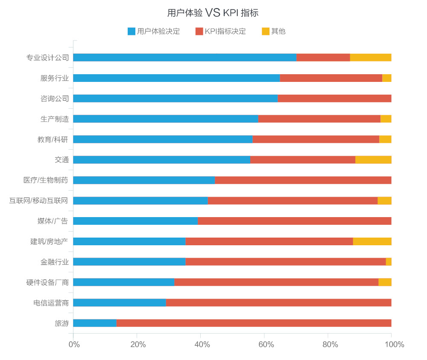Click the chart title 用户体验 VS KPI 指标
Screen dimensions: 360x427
[213, 13]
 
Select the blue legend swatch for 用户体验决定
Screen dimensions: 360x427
[132, 31]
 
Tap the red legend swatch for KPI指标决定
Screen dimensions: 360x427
[199, 31]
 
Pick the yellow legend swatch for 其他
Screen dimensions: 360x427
[266, 31]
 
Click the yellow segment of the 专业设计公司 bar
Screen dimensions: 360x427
[371, 58]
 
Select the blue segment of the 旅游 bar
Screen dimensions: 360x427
[95, 323]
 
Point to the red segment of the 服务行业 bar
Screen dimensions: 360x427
[331, 78]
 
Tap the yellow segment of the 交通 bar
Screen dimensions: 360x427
[373, 160]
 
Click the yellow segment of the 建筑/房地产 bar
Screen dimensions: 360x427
[372, 241]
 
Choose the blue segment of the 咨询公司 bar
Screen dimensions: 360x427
[175, 99]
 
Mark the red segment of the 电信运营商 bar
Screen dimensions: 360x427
[278, 302]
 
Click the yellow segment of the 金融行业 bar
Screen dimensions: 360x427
[389, 262]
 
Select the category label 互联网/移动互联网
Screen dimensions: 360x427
[39, 200]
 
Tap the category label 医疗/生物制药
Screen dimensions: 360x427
[46, 180]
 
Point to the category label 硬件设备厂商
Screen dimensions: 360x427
[47, 282]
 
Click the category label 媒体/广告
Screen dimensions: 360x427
[53, 221]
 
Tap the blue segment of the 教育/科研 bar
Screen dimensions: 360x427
[163, 139]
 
